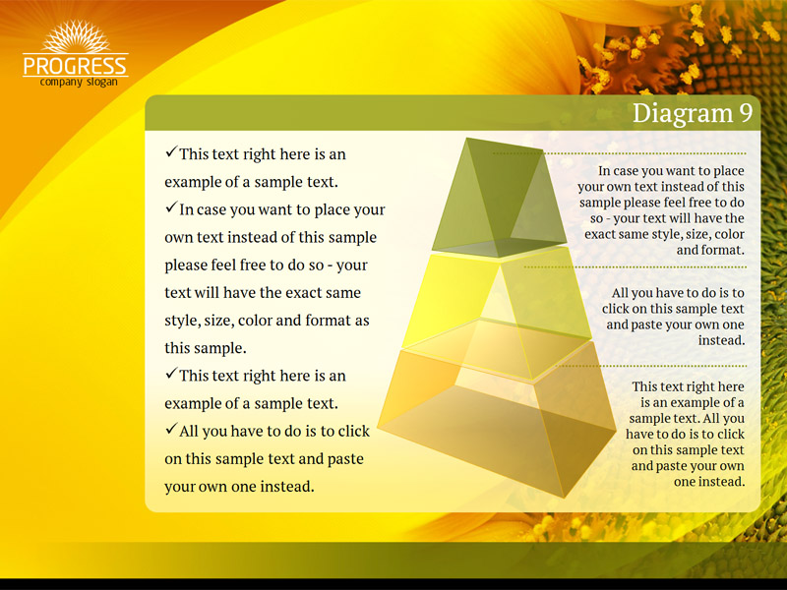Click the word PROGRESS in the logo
[76, 66]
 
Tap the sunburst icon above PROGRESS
[76, 36]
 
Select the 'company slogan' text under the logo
[79, 82]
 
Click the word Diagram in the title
[683, 114]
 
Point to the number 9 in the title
[746, 113]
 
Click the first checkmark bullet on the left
[171, 151]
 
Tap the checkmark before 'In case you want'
[171, 206]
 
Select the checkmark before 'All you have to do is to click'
[171, 429]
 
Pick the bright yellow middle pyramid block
[497, 311]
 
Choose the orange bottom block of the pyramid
[497, 422]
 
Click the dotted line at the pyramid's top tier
[620, 153]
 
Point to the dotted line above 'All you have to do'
[635, 266]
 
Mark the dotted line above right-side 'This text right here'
[651, 366]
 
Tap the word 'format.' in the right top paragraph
[710, 250]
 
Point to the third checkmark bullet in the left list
[171, 374]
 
